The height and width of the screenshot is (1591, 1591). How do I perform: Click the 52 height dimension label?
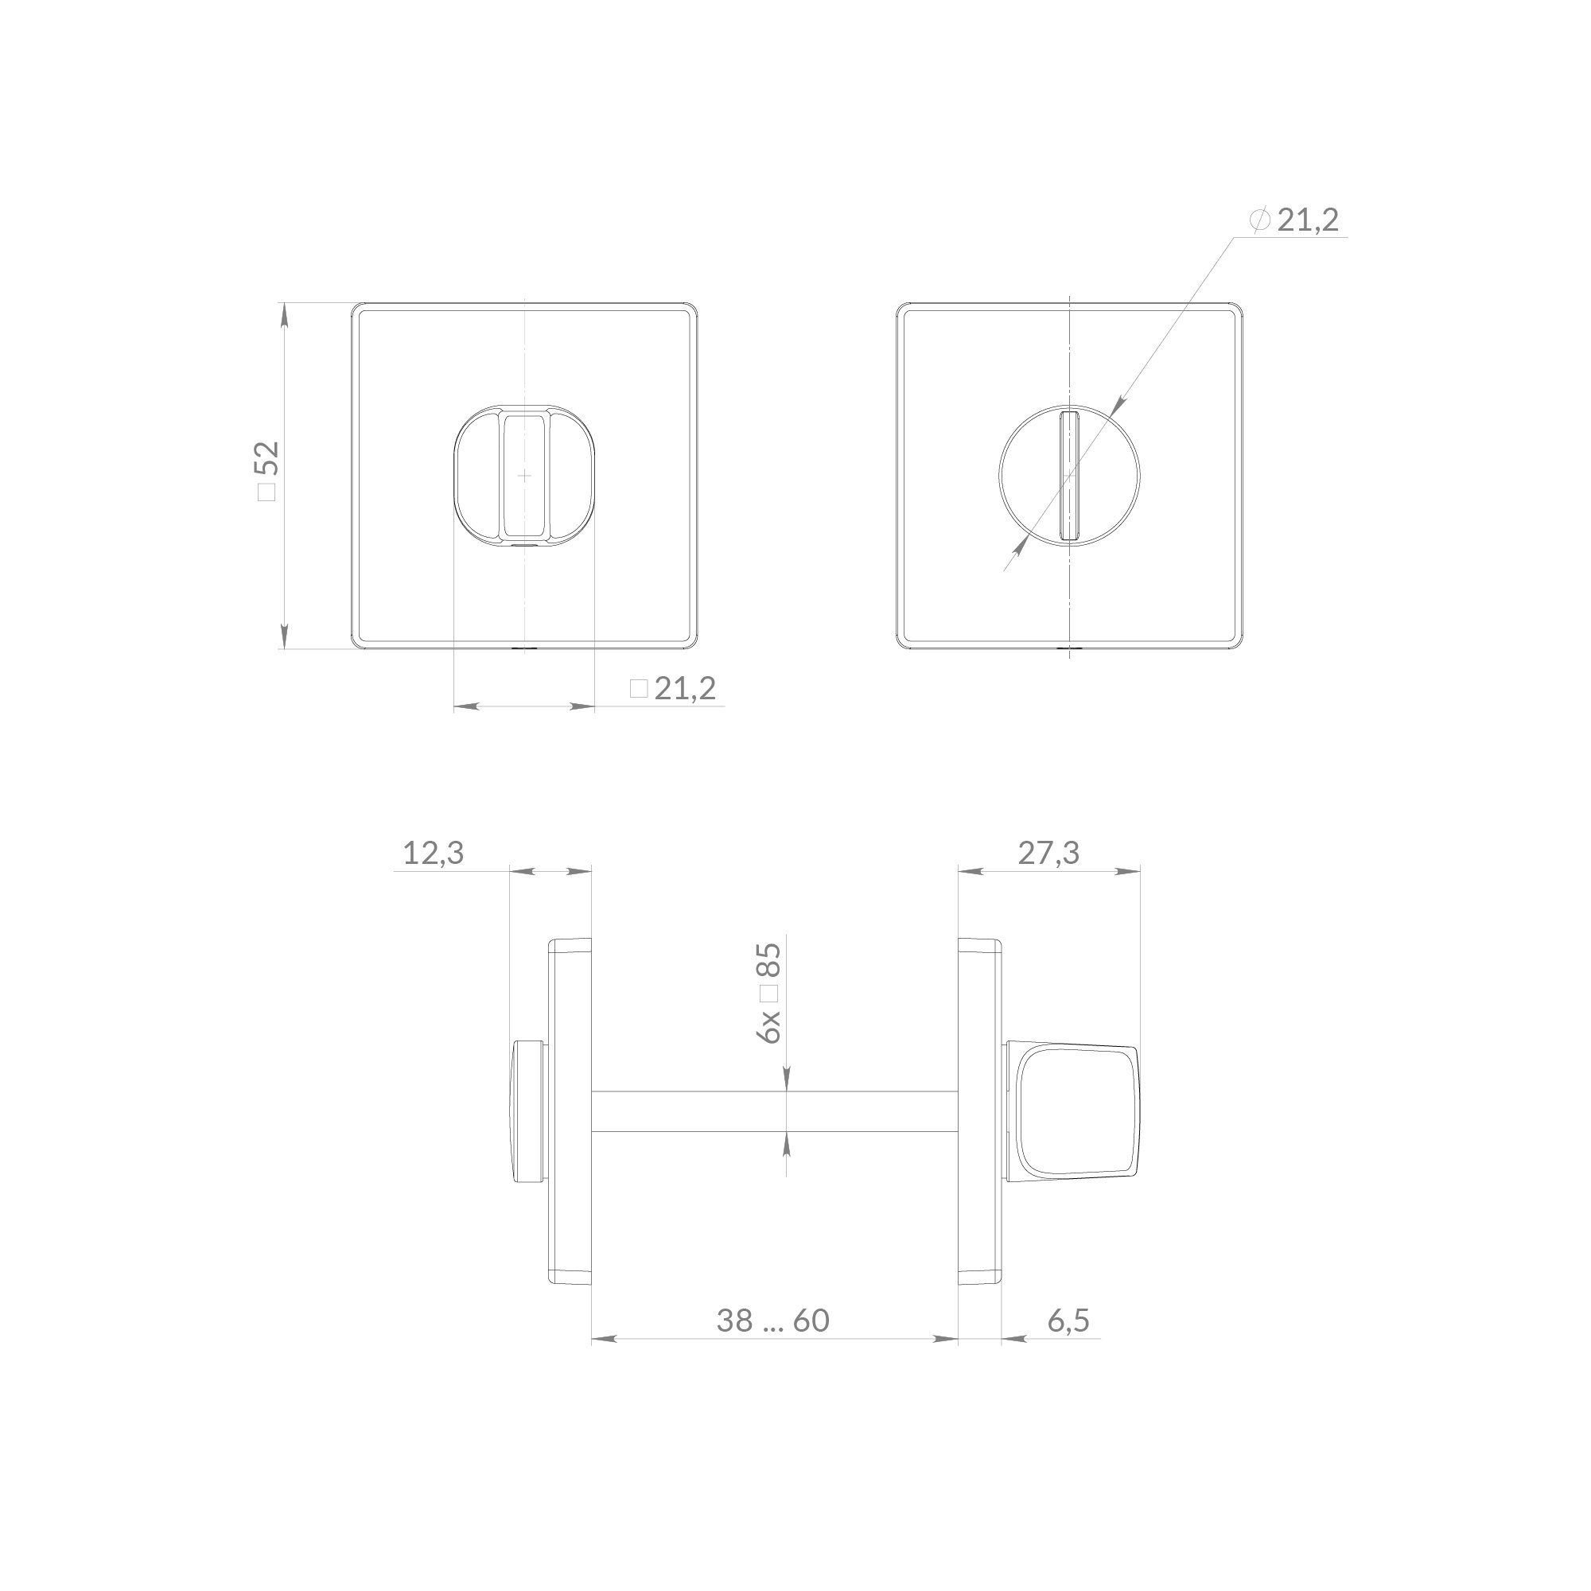[268, 471]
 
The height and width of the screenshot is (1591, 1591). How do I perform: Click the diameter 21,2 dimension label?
[1293, 220]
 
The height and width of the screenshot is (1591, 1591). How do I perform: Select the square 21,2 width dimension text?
[673, 688]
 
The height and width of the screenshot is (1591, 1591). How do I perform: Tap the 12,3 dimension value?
[434, 853]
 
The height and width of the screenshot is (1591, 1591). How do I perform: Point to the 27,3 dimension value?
[1048, 853]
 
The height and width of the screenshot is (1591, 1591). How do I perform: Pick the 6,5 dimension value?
[1069, 1320]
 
